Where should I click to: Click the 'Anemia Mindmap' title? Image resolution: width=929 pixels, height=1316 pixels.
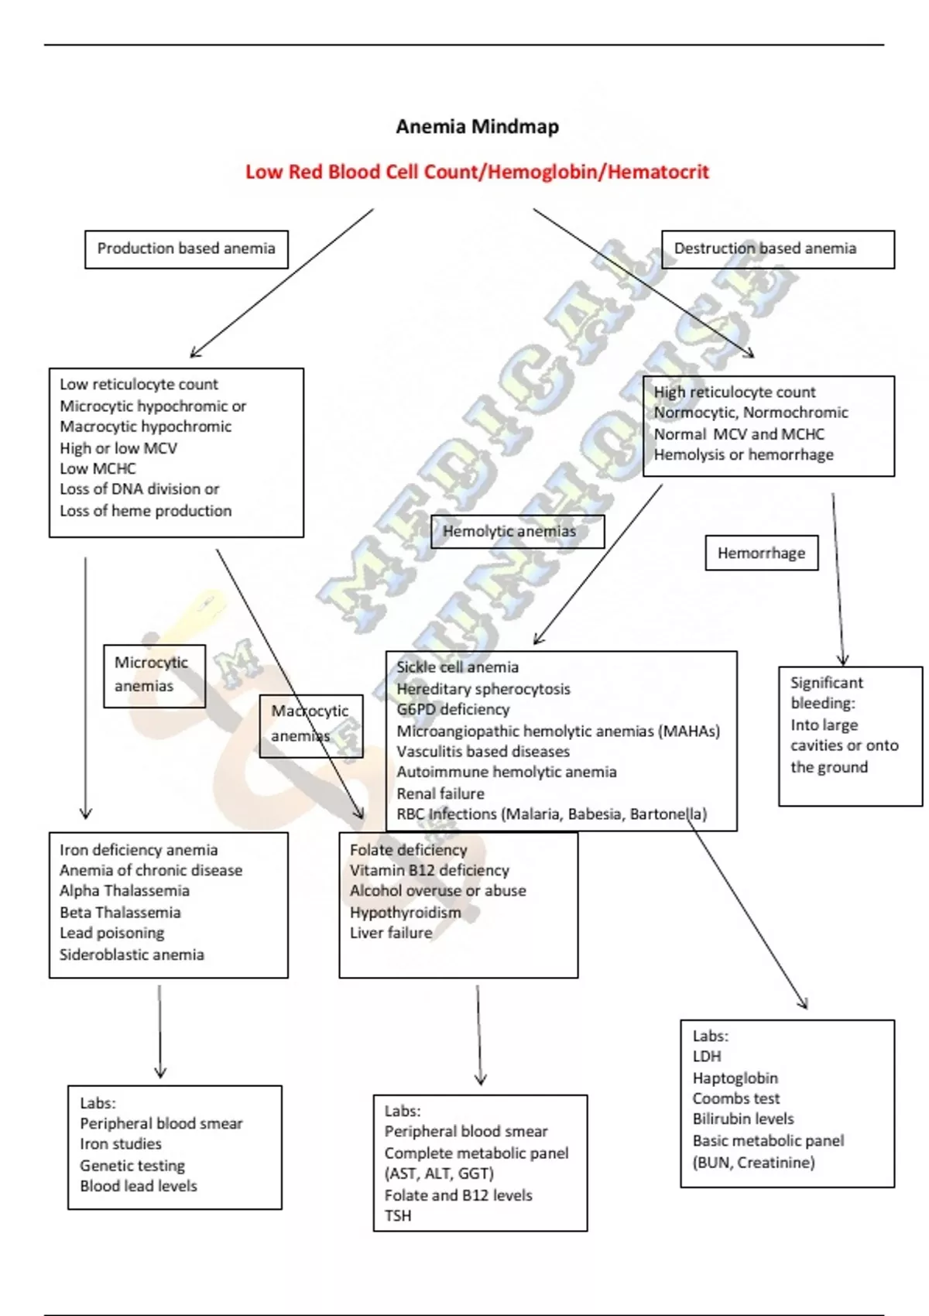(477, 126)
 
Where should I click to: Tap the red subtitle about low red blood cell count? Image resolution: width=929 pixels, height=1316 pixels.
(477, 172)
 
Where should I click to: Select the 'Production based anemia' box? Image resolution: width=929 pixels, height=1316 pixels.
(186, 248)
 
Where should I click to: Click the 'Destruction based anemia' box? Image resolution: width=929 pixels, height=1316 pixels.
(777, 248)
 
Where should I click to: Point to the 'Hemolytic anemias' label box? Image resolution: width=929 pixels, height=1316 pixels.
(516, 531)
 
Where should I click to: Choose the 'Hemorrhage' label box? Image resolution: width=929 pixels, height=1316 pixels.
(761, 553)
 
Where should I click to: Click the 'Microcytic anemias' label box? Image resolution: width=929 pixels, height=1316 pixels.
(154, 675)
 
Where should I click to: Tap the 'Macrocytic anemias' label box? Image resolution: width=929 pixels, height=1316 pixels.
(310, 725)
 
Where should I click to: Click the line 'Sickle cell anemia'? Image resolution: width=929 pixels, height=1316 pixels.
(458, 667)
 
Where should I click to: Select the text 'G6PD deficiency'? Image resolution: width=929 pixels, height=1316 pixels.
(453, 709)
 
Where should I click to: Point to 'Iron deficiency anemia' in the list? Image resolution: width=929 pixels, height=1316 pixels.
(139, 850)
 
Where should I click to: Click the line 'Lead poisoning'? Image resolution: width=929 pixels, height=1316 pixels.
(112, 933)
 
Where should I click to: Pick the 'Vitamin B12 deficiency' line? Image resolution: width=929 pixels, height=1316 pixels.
(430, 870)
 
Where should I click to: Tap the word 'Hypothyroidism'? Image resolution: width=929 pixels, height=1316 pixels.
(405, 912)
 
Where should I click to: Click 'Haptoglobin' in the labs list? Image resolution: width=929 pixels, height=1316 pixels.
(735, 1078)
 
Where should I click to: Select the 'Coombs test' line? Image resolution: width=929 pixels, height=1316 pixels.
(735, 1098)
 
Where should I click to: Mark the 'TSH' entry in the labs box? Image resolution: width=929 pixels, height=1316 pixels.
(398, 1215)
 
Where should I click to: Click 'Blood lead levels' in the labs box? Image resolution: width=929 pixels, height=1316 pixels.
(139, 1186)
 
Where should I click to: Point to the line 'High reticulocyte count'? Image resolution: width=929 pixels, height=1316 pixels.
(735, 392)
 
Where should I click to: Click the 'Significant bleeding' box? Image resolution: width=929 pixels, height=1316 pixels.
(850, 735)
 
